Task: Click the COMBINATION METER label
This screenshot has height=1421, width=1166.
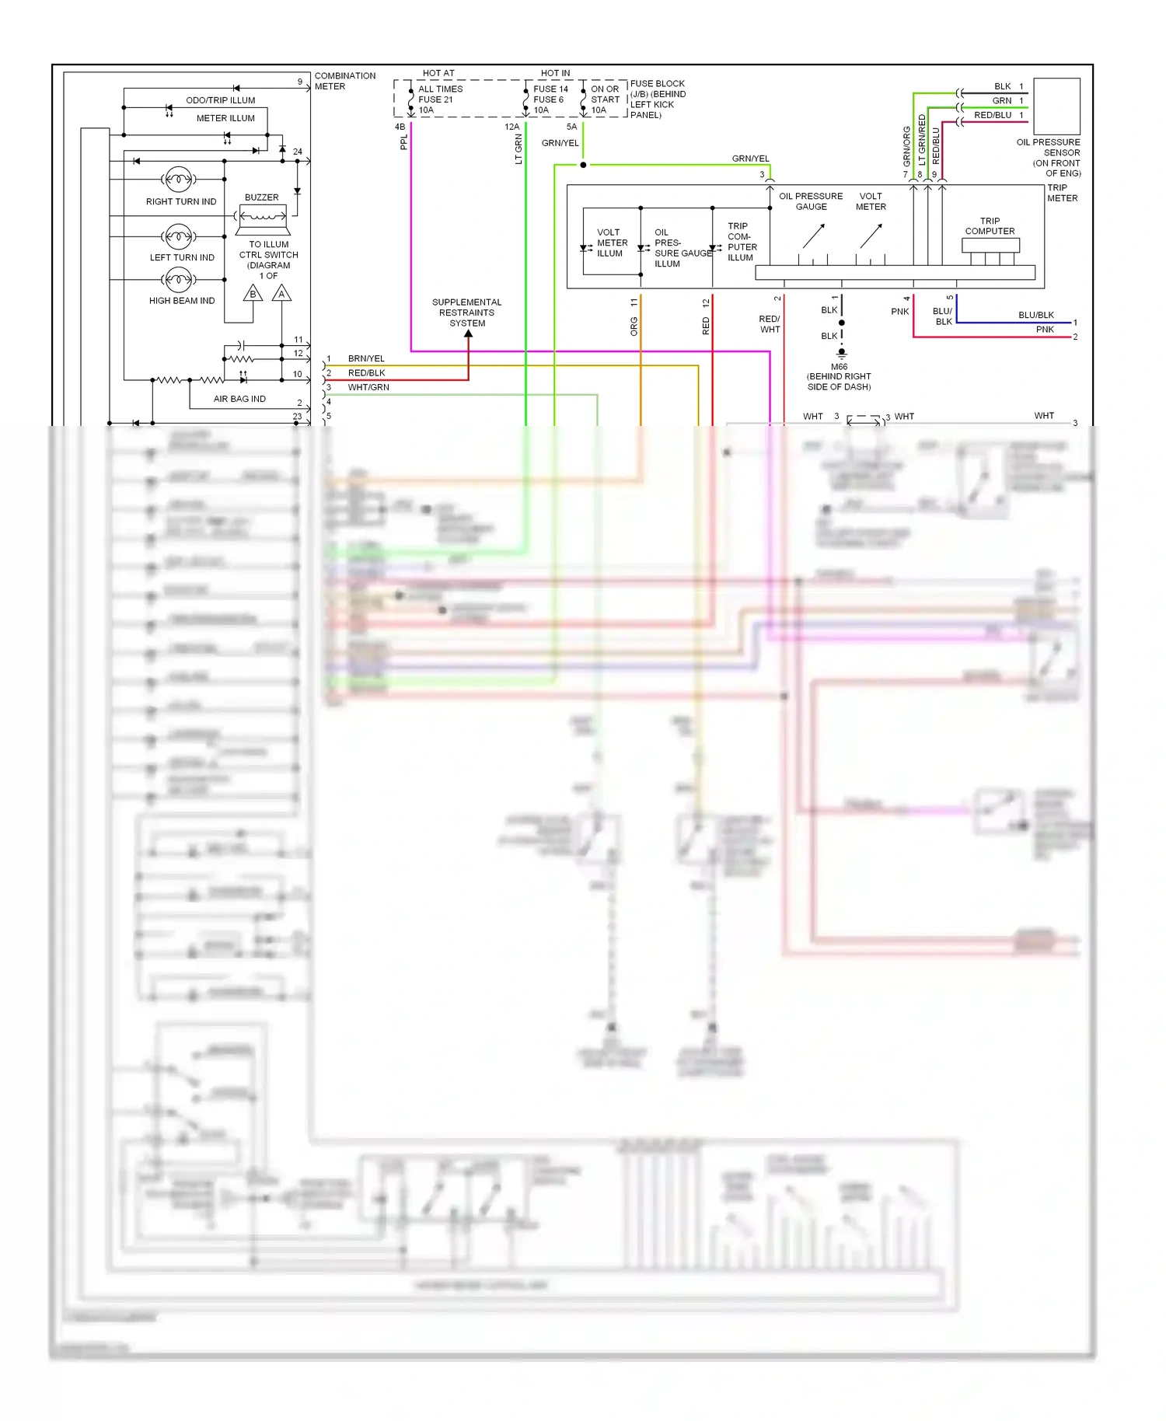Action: click(344, 81)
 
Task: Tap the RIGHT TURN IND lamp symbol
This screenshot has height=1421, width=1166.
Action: click(179, 180)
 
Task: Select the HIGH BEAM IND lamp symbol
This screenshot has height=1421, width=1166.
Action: click(179, 278)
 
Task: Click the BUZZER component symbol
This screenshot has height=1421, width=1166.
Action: click(263, 218)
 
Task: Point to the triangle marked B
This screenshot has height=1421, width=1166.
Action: click(253, 294)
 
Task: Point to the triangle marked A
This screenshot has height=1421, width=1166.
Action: click(281, 294)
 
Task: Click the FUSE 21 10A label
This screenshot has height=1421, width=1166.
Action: click(435, 100)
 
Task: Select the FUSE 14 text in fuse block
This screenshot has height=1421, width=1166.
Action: click(550, 89)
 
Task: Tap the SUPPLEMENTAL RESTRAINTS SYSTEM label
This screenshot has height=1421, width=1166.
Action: click(466, 312)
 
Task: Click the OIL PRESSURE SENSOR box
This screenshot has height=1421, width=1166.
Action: click(1056, 106)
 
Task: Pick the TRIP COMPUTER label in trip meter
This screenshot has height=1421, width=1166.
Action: click(990, 226)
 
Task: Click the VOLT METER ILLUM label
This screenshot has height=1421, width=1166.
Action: click(611, 243)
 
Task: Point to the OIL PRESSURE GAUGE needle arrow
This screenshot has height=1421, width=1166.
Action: click(813, 236)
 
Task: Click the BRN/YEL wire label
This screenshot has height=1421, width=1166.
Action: click(366, 358)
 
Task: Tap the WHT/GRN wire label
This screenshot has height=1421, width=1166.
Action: click(368, 387)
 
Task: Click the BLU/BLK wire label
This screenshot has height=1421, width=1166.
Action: click(1035, 315)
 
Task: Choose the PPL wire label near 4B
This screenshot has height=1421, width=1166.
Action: click(403, 142)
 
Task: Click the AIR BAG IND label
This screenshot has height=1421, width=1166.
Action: click(239, 399)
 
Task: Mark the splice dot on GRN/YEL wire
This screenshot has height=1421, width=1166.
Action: click(583, 165)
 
